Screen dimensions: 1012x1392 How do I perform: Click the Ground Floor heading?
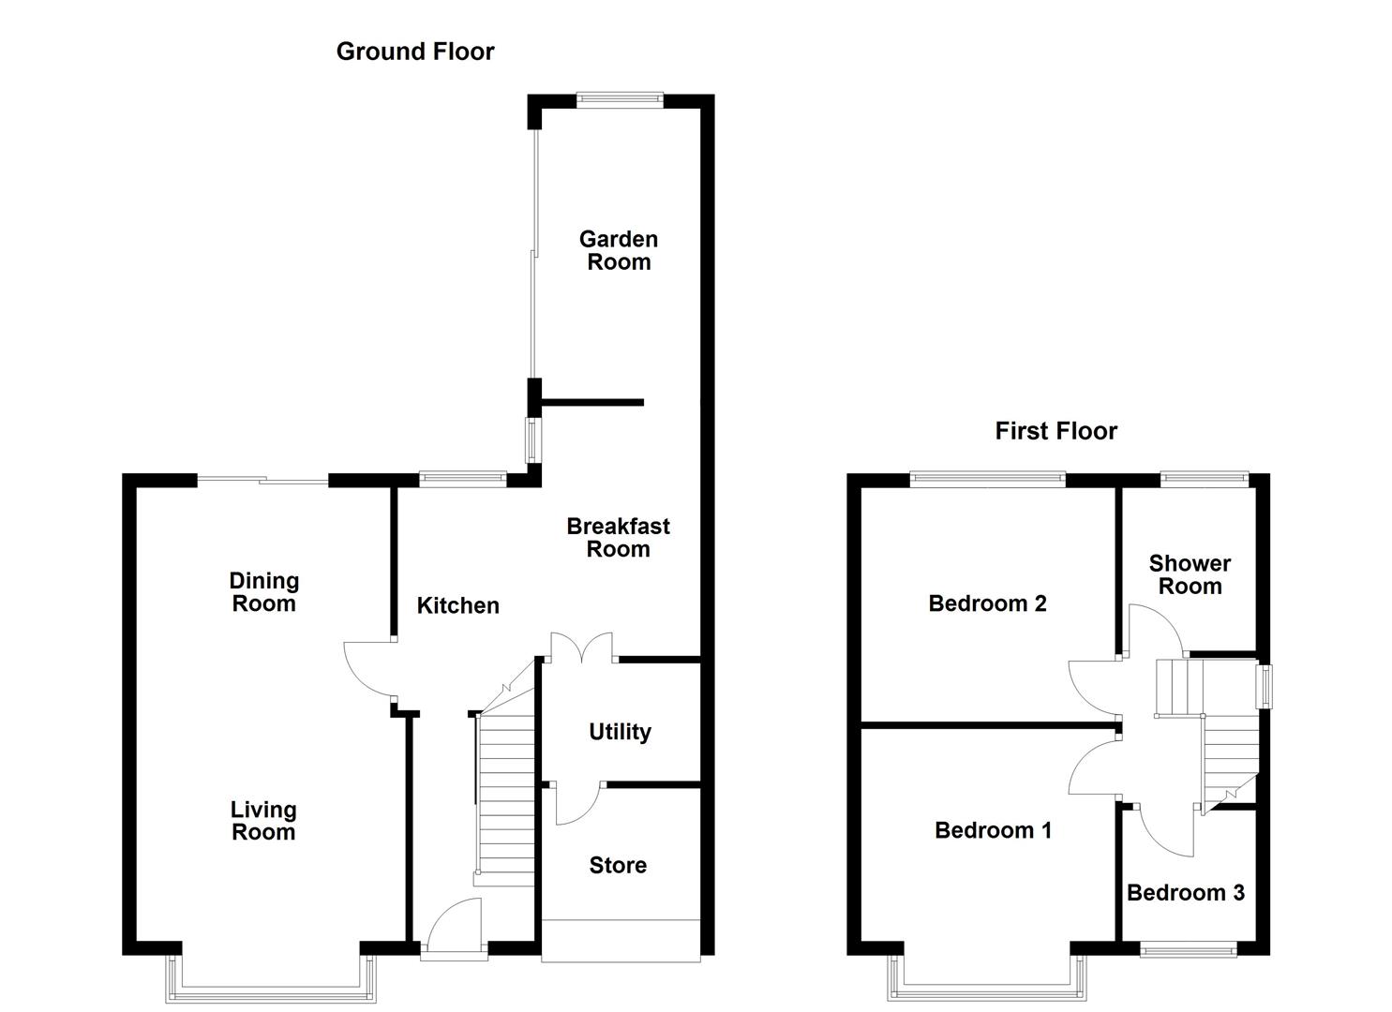414,52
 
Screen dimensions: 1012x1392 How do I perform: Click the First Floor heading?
1055,431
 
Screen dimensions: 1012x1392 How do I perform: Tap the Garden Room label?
618,251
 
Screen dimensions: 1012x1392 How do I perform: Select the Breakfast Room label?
618,538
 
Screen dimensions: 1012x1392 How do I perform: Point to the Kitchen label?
457,606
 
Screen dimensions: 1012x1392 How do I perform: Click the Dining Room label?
263,592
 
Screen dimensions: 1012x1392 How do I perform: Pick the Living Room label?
263,821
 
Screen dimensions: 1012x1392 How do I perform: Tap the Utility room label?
620,732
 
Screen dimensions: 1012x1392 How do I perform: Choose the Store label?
618,866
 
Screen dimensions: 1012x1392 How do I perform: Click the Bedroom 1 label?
993,830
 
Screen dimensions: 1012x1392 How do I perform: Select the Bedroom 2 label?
987,603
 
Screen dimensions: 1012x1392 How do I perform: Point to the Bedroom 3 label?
1185,893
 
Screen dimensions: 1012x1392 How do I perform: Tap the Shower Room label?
1190,574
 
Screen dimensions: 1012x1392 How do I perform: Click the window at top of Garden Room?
620,97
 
